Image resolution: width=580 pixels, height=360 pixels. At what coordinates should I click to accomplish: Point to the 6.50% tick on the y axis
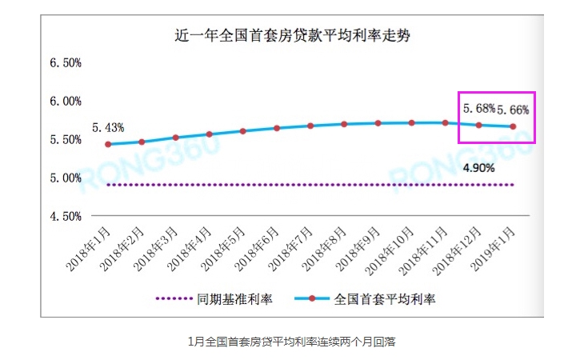point(66,62)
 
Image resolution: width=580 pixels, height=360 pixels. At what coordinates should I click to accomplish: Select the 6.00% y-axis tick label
point(66,101)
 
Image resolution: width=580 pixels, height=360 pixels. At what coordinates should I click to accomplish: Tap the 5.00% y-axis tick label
point(66,178)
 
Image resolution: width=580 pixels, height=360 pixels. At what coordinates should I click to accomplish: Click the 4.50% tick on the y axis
point(66,216)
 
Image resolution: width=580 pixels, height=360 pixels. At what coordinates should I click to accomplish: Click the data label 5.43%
point(107,128)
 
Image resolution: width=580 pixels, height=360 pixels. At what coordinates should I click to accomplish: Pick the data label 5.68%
point(479,107)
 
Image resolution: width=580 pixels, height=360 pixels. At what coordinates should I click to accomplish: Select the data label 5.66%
point(513,109)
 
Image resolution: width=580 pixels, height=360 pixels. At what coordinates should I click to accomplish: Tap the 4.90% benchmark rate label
point(479,168)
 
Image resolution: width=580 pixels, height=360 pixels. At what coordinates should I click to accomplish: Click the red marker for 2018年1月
point(107,144)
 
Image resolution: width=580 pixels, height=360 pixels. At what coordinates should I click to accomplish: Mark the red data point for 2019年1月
point(513,126)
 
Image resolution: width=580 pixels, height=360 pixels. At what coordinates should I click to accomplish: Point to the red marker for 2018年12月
point(479,125)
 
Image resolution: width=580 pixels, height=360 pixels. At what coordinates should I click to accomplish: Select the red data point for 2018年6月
point(276,128)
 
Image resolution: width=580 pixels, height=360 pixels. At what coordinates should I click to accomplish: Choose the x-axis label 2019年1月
point(496,249)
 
